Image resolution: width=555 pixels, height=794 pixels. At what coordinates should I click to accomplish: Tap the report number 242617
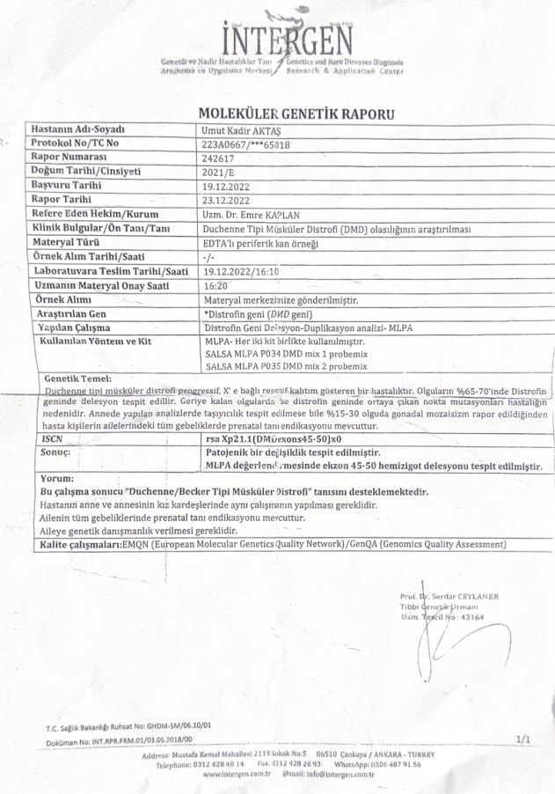tap(215, 158)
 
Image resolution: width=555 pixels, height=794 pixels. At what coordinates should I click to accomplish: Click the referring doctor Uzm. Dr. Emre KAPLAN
tap(252, 215)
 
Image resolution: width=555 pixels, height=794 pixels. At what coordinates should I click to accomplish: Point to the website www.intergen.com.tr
tap(236, 775)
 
